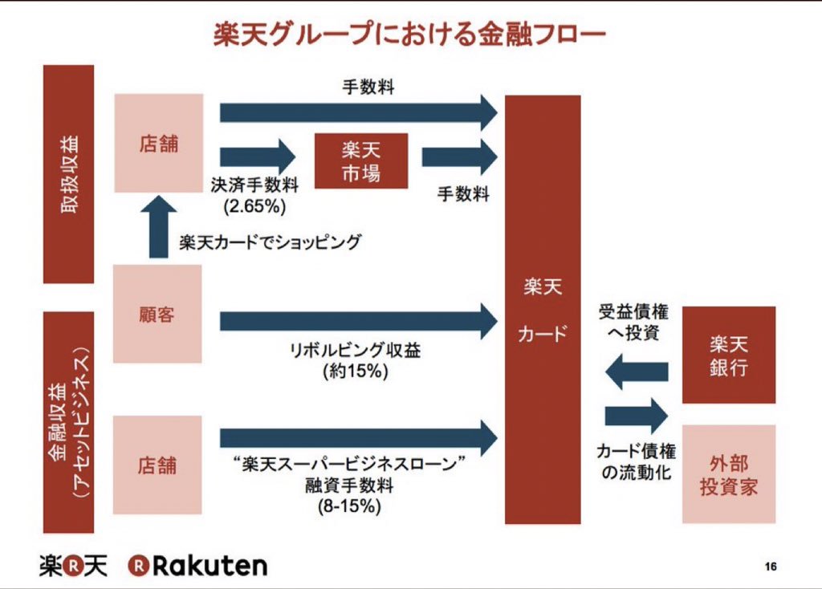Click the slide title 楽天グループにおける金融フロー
point(409,35)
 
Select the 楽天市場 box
point(360,160)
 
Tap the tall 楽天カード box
point(543,309)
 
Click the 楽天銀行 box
point(728,355)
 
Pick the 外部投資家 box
point(728,474)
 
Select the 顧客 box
point(157,314)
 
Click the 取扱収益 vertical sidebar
point(68,174)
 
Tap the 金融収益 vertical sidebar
point(68,422)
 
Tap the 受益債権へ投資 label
point(633,322)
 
